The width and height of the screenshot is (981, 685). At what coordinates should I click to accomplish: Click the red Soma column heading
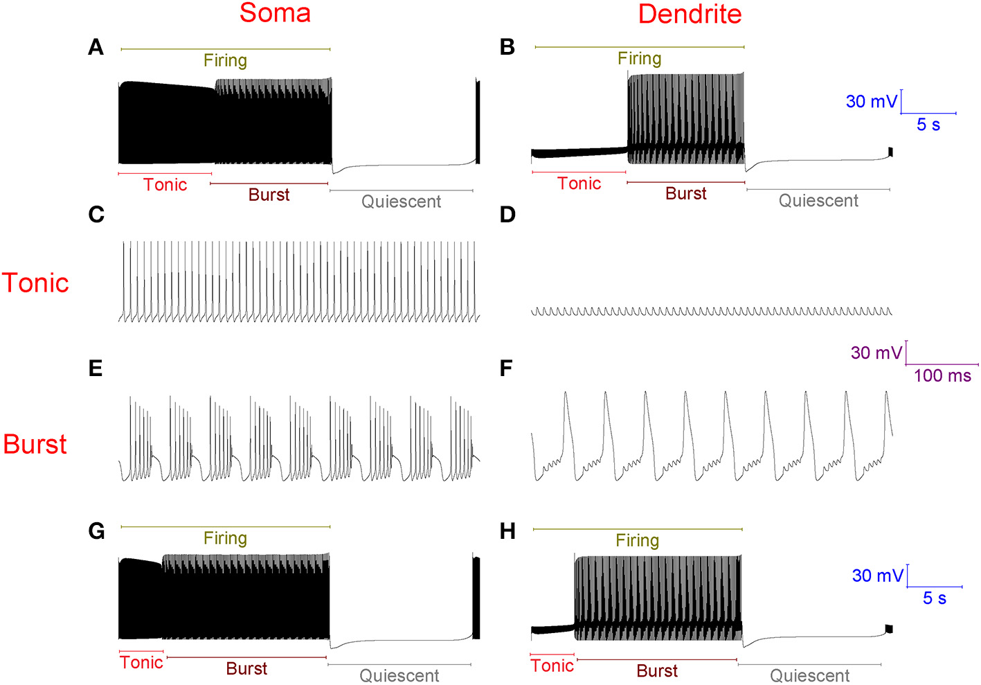click(275, 13)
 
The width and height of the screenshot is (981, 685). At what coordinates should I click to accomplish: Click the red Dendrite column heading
click(690, 14)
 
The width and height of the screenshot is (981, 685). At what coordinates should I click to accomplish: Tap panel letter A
click(96, 48)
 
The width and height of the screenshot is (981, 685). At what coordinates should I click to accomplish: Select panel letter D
click(507, 215)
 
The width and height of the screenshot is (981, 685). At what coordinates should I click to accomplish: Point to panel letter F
click(506, 368)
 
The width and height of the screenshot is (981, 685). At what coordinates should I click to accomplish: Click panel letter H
click(507, 531)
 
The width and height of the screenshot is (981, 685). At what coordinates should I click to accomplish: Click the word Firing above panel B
click(639, 59)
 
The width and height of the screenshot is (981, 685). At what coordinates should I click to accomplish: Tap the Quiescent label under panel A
click(401, 202)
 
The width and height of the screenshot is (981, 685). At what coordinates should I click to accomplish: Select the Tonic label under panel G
click(141, 663)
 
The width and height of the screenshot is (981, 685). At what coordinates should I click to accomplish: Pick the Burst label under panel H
click(657, 670)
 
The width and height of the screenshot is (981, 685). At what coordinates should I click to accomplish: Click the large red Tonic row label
click(35, 283)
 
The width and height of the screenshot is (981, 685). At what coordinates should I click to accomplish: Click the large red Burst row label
click(35, 445)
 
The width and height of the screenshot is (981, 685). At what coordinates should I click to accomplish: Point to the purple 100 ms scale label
click(942, 376)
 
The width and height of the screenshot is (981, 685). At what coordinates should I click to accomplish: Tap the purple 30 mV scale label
click(876, 353)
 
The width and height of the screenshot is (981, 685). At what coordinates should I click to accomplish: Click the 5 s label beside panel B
click(928, 125)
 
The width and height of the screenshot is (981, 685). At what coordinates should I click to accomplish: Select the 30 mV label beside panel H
click(877, 576)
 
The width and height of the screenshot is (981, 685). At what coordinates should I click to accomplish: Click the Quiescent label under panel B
click(818, 201)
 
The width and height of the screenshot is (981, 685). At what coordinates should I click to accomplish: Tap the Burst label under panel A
click(269, 195)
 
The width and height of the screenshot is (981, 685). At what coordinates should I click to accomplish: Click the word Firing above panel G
click(225, 538)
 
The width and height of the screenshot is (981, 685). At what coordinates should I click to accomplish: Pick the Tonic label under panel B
click(579, 184)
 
